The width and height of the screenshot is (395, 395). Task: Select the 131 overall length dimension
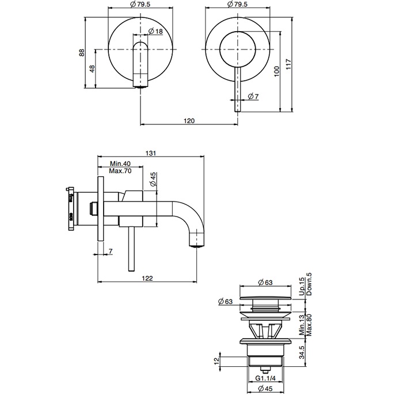151,153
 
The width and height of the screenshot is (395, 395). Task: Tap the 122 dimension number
147,278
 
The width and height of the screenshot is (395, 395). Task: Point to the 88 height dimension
82,52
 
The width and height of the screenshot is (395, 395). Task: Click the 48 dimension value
92,69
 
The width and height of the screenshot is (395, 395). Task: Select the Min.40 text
120,164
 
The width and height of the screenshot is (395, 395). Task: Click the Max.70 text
120,171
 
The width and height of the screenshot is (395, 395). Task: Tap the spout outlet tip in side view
197,244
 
